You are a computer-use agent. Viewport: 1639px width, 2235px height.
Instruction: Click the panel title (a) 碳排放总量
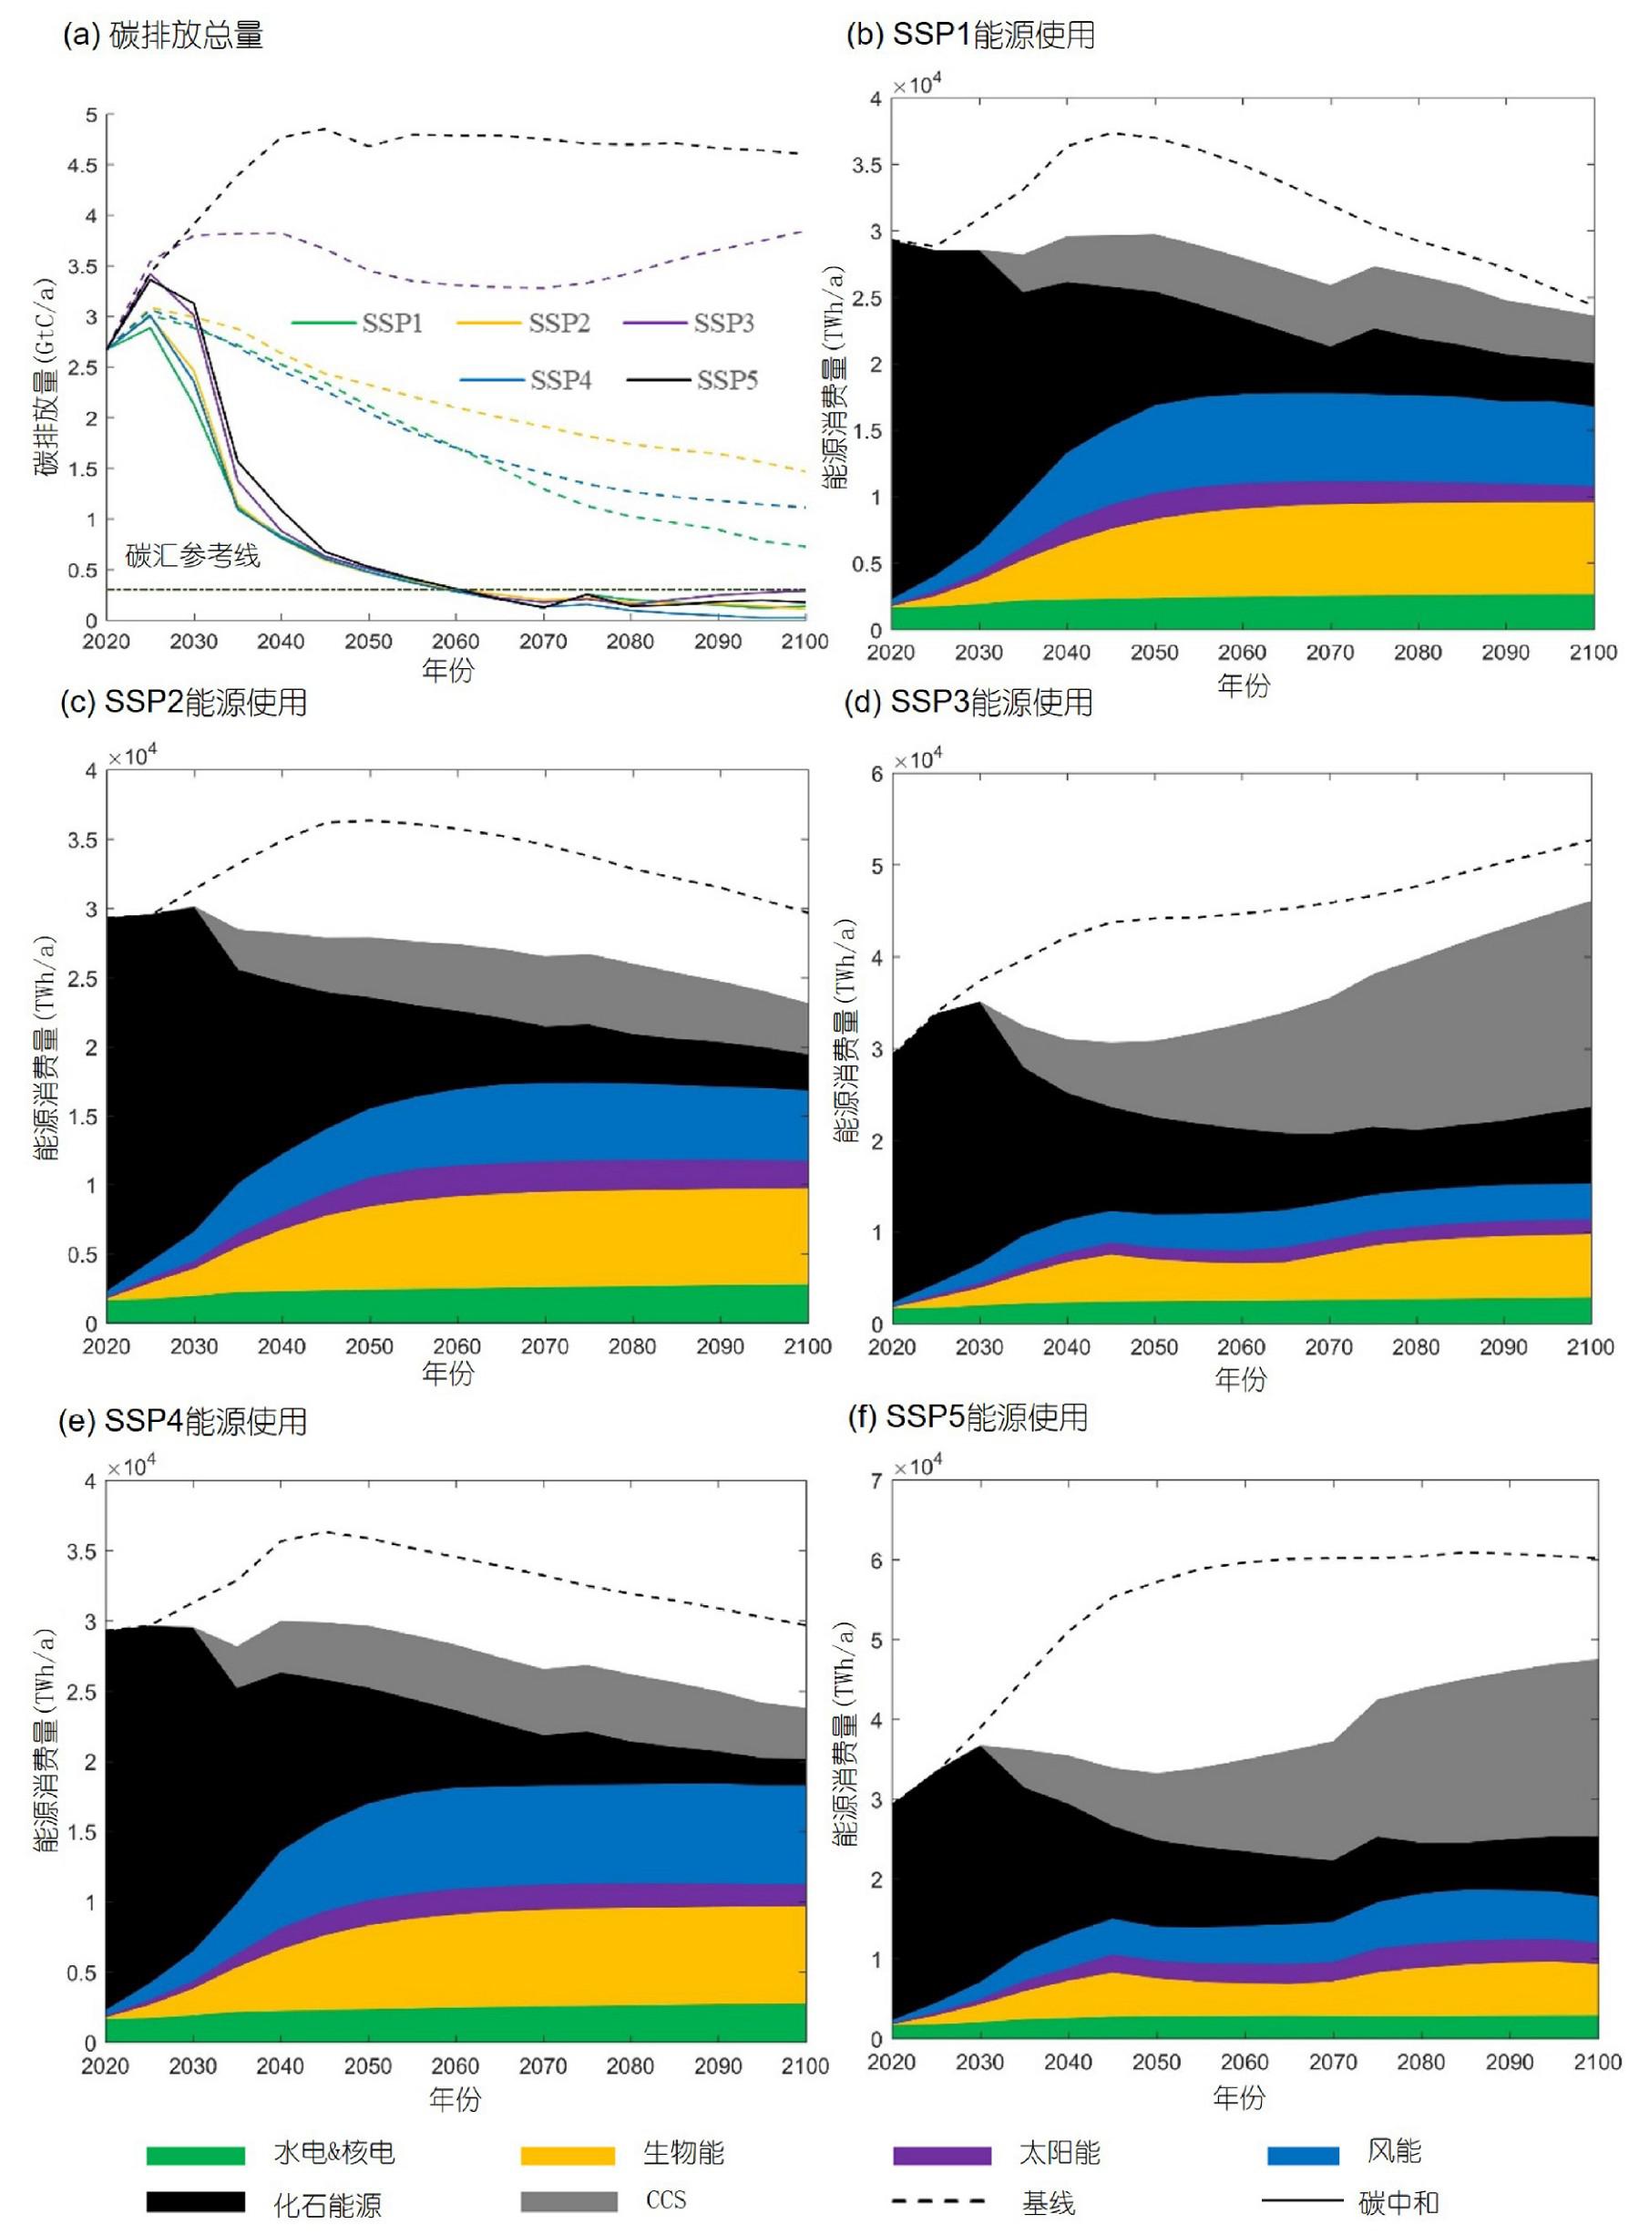[164, 36]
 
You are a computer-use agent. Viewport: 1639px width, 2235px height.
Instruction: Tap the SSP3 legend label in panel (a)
[723, 323]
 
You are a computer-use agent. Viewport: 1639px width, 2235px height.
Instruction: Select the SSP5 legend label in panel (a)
[726, 380]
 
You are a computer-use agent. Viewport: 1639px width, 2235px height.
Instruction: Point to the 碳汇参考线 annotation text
[192, 555]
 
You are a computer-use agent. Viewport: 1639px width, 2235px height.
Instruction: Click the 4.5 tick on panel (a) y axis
[85, 166]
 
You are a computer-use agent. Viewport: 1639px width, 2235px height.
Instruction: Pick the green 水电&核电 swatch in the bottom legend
[196, 2155]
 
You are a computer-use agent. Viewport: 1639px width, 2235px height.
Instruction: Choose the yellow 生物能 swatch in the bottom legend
[568, 2155]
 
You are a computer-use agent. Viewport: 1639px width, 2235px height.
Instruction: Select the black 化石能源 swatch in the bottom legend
[196, 2201]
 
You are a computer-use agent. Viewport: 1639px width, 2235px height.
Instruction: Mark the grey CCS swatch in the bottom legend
[568, 2201]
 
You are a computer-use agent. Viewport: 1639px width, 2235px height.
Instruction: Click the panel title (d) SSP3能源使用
[968, 703]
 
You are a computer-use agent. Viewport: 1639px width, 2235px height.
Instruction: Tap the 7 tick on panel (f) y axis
[875, 1482]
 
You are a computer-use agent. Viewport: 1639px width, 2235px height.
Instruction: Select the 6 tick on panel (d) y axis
[876, 774]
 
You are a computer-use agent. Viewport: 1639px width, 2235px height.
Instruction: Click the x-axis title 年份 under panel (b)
[1243, 685]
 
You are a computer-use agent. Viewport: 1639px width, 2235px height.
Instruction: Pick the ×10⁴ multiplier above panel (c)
[132, 757]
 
